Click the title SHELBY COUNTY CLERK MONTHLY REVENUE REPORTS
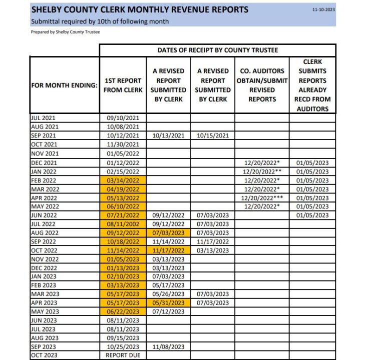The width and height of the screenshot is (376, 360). (x=140, y=9)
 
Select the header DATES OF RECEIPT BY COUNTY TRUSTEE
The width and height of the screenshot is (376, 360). (x=217, y=50)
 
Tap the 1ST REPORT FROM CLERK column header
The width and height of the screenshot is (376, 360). (x=123, y=85)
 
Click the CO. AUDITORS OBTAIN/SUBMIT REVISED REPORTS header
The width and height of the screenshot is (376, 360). (x=262, y=85)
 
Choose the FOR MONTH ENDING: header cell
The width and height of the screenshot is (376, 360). (x=64, y=85)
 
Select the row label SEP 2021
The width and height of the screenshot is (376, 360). (x=44, y=135)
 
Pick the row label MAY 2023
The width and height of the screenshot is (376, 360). (x=45, y=311)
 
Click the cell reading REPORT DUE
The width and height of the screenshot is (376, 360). (x=123, y=355)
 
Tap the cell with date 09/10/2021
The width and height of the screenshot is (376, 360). (x=123, y=118)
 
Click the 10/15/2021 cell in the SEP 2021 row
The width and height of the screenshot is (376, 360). (x=213, y=135)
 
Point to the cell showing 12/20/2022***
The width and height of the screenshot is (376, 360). (x=262, y=197)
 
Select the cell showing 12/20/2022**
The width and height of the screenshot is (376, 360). (x=262, y=171)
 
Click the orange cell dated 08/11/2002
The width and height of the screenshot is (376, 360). (x=123, y=223)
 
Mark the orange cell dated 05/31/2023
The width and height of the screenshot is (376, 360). (x=168, y=302)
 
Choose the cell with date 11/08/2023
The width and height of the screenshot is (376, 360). (x=168, y=346)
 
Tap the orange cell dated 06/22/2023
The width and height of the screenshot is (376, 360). (x=123, y=311)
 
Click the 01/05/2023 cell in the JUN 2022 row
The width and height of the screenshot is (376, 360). (x=312, y=215)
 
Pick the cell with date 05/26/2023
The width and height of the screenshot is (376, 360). (x=168, y=294)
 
